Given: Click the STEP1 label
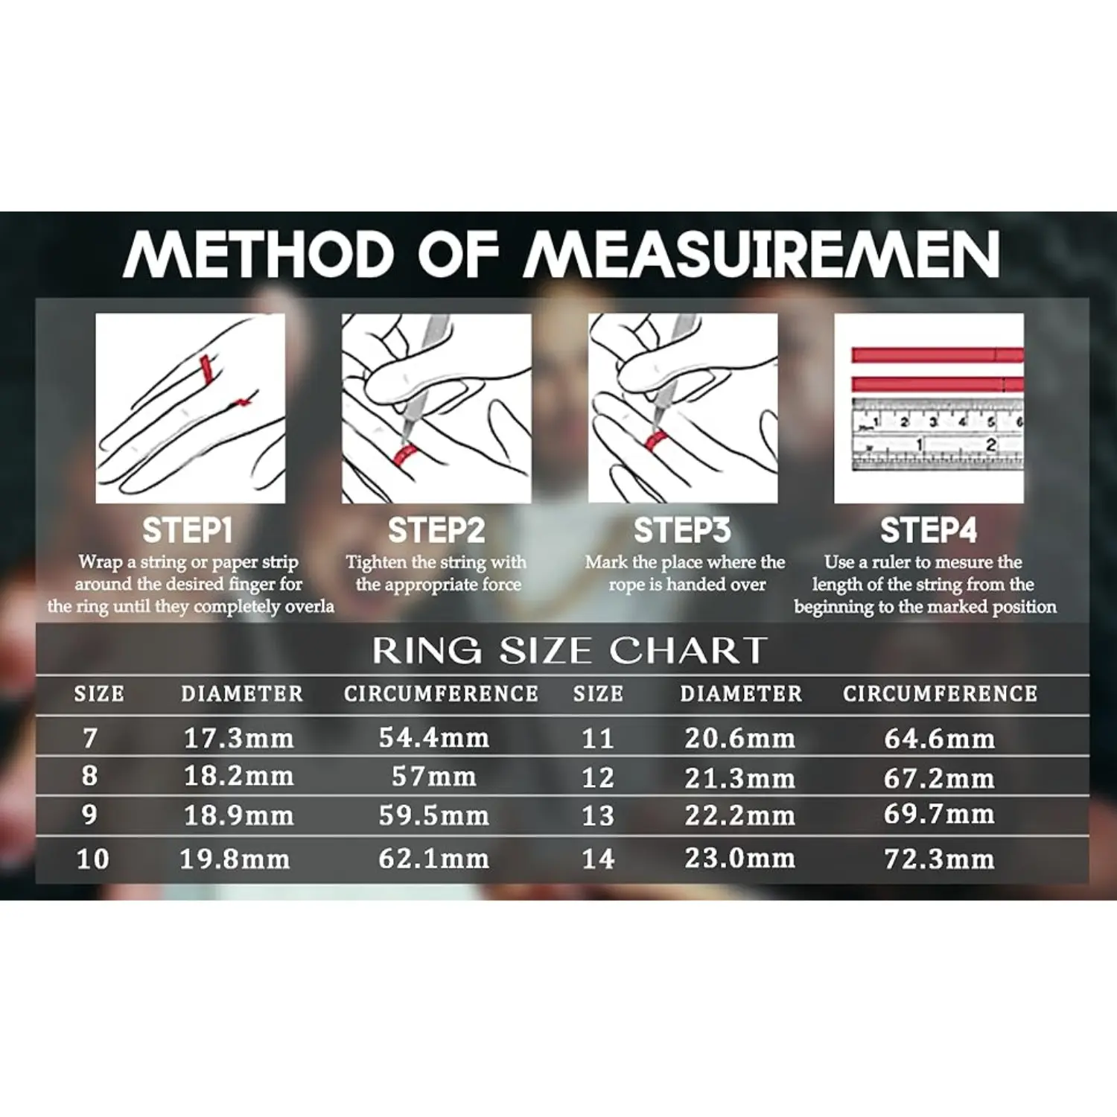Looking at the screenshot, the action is tap(188, 531).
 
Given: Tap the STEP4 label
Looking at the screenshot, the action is tap(929, 531).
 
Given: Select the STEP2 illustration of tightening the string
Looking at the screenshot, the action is tap(436, 408).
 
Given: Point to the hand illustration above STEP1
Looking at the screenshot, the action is tap(191, 408).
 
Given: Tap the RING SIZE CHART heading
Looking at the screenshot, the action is tap(570, 651).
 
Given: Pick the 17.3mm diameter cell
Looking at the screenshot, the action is tap(239, 738).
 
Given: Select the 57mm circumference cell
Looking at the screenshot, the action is tap(434, 777).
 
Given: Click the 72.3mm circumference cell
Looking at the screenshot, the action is tap(939, 859).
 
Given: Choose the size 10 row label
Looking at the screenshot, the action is tap(93, 859).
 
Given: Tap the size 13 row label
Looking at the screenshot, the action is tap(598, 816).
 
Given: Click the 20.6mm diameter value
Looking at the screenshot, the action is tap(740, 738).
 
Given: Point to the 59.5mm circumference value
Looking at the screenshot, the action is tap(434, 815).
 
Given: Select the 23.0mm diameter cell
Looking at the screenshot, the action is tap(740, 859).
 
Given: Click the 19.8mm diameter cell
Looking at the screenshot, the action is tap(235, 859).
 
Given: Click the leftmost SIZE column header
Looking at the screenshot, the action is tap(99, 694).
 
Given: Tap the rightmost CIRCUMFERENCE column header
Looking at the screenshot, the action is tap(940, 694).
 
